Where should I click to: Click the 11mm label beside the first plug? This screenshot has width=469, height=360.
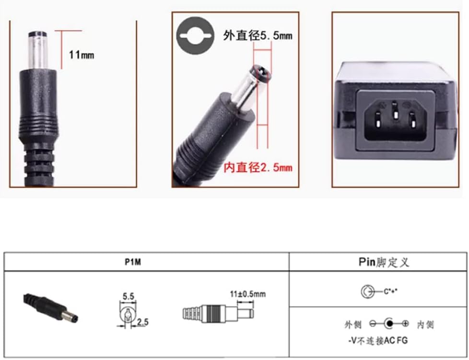click(82, 55)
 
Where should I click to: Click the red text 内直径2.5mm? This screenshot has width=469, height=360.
click(258, 167)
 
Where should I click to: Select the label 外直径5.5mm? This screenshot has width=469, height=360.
click(258, 35)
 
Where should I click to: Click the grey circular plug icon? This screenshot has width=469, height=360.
click(194, 36)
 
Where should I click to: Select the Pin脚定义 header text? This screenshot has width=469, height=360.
click(384, 262)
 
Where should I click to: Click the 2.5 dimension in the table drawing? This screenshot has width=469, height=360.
click(142, 322)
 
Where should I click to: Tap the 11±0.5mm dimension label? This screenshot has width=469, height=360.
click(247, 294)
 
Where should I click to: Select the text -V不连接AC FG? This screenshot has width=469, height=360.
click(378, 341)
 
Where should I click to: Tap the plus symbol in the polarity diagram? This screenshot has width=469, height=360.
click(406, 324)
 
